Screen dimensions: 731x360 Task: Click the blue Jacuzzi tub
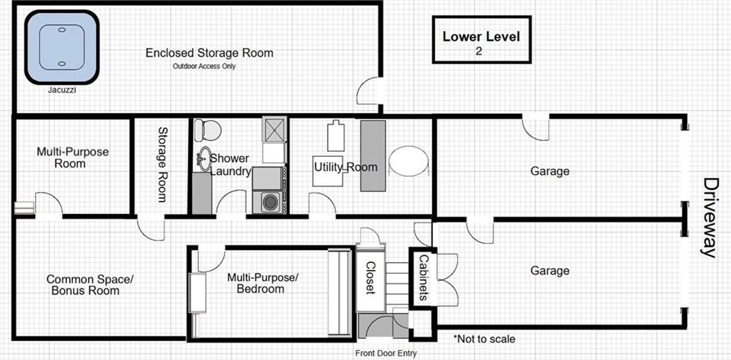[x=62, y=47]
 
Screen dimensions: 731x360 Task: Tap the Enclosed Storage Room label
[x=209, y=53]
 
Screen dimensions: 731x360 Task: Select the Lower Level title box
[x=482, y=40]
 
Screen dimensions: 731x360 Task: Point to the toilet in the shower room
[x=207, y=130]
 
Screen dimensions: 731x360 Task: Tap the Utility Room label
[x=346, y=167]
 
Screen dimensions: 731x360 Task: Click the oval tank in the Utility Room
[x=409, y=162]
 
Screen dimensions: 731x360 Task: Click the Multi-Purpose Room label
[x=72, y=157]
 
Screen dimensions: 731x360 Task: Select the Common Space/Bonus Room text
[x=89, y=285]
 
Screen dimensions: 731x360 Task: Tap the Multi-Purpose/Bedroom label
[x=262, y=283]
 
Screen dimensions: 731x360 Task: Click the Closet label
[x=370, y=278]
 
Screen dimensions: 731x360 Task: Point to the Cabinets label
[x=423, y=277]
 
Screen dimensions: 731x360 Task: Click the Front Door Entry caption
[x=386, y=353]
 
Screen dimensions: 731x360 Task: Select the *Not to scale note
[x=484, y=339]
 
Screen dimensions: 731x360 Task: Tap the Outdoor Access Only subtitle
[x=204, y=66]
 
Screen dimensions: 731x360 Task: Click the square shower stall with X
[x=274, y=130]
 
